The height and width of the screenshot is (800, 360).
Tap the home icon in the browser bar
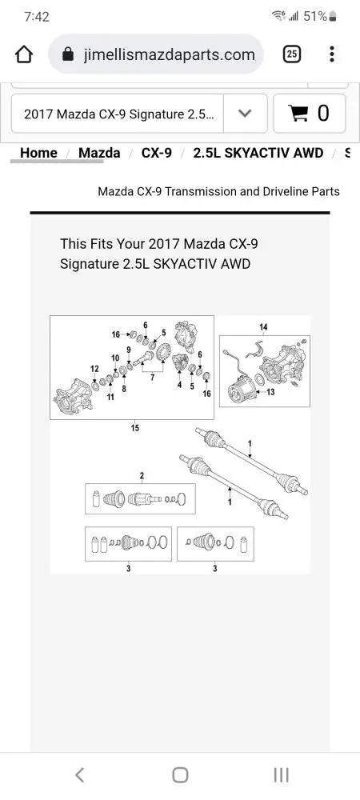tap(24, 54)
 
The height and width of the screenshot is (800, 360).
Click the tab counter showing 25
tap(292, 54)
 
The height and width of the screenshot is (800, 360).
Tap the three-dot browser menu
tap(332, 54)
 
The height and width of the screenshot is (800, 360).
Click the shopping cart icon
tap(298, 113)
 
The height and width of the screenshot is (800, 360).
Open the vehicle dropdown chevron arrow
tap(246, 114)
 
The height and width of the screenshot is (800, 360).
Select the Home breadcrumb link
tap(38, 153)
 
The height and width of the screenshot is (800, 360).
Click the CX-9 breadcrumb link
tap(157, 153)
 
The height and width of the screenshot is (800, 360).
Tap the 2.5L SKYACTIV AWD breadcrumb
tap(258, 153)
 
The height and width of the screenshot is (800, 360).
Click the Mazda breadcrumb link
tap(99, 153)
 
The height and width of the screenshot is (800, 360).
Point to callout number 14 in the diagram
tap(264, 327)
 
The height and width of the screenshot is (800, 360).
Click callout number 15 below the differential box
tap(134, 427)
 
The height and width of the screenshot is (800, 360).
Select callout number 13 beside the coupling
tap(270, 392)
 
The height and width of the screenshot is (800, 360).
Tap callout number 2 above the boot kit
tap(142, 475)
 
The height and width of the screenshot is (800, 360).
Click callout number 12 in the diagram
tap(94, 369)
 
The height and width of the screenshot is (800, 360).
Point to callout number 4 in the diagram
tap(179, 385)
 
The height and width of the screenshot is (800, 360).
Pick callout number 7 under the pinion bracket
tap(151, 378)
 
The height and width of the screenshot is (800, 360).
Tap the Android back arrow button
tap(79, 774)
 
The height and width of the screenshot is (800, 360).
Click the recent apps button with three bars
tap(281, 774)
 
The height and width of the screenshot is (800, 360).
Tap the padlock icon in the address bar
tap(68, 54)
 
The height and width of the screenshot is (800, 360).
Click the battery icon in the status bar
tap(333, 16)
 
